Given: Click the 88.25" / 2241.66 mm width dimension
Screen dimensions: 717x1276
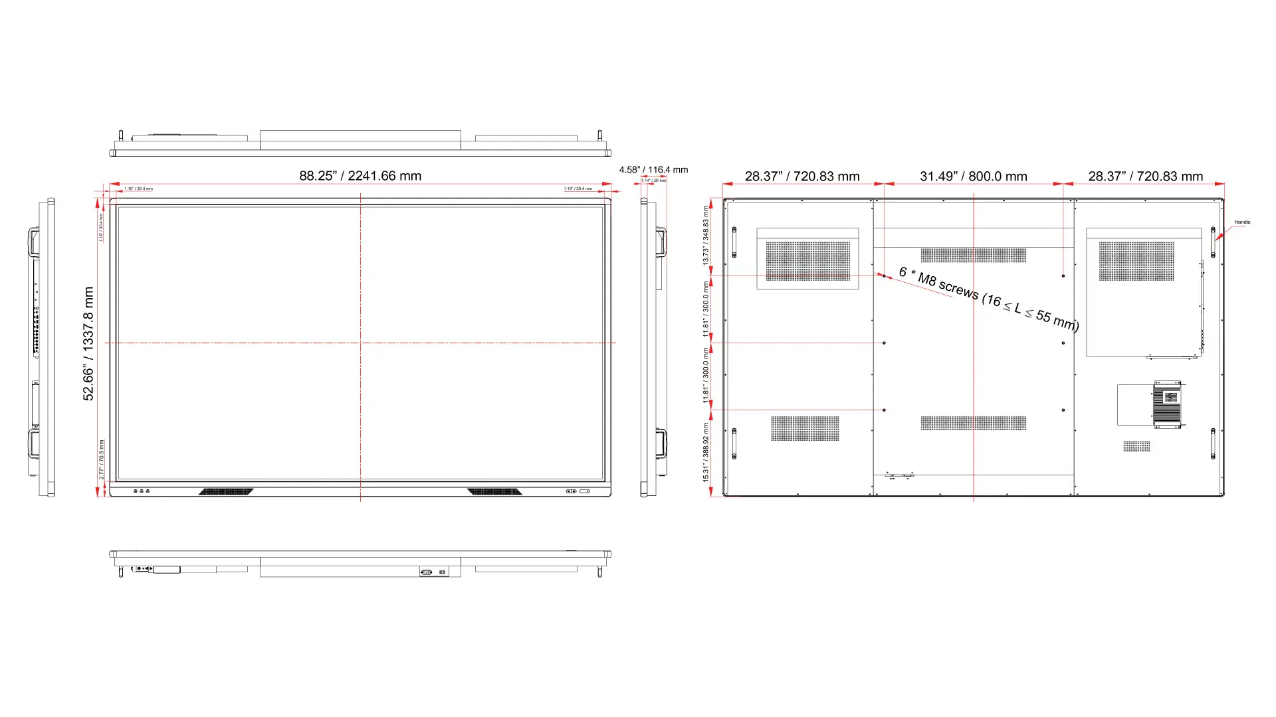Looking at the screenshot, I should [x=360, y=176].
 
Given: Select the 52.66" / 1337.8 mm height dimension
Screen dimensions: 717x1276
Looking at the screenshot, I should [x=88, y=343].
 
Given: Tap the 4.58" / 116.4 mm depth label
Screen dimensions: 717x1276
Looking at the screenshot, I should [x=653, y=170].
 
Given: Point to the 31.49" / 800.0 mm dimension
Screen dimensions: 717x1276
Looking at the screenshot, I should [x=973, y=177].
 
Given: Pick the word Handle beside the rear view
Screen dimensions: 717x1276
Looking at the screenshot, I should [x=1242, y=222].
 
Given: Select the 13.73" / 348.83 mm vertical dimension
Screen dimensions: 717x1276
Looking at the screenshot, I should [x=706, y=236].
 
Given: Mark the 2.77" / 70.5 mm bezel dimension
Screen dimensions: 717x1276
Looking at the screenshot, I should [x=102, y=459].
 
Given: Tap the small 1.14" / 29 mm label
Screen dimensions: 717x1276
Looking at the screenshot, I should [x=653, y=181].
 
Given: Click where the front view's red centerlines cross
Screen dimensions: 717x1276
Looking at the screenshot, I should [x=361, y=343].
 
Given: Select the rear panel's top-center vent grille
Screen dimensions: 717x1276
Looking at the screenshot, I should [x=973, y=255].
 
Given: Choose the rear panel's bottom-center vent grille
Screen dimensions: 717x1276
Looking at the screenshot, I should [x=973, y=423].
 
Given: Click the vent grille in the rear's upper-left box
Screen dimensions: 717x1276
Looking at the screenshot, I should [x=807, y=261].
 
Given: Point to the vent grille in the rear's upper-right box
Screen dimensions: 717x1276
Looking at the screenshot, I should [x=1136, y=261].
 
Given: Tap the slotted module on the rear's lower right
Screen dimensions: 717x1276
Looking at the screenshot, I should [x=1167, y=404].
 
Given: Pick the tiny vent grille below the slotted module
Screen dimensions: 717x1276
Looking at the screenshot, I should [x=1136, y=446].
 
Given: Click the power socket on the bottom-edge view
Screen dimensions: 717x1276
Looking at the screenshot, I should [x=427, y=572].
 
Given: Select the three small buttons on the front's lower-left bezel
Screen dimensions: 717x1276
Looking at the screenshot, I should [x=141, y=491].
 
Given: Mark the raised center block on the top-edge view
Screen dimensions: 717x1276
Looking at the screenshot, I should [x=360, y=139].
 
